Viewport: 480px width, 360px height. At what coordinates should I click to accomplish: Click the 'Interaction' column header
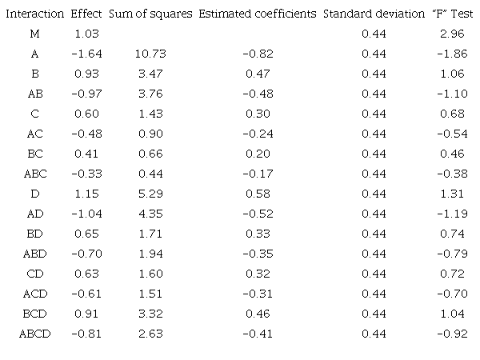35,14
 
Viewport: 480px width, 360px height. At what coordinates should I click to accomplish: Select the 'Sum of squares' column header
150,14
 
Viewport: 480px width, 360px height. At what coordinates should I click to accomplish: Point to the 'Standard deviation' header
374,14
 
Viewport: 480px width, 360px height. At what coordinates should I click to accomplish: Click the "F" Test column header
448,14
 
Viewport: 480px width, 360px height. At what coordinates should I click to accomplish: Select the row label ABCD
35,333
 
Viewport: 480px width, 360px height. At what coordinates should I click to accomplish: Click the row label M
35,34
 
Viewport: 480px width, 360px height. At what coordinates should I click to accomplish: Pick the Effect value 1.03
86,34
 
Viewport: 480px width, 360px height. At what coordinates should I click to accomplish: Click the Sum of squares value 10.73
150,54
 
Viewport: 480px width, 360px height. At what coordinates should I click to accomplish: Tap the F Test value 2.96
448,34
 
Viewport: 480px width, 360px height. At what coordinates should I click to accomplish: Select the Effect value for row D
86,194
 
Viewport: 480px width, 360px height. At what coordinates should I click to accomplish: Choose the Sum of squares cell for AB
150,94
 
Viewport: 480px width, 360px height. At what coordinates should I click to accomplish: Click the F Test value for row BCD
448,313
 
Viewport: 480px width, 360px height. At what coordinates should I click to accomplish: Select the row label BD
35,234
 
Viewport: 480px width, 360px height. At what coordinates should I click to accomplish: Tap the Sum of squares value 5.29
150,194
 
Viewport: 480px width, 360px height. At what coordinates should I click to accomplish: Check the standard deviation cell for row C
374,114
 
